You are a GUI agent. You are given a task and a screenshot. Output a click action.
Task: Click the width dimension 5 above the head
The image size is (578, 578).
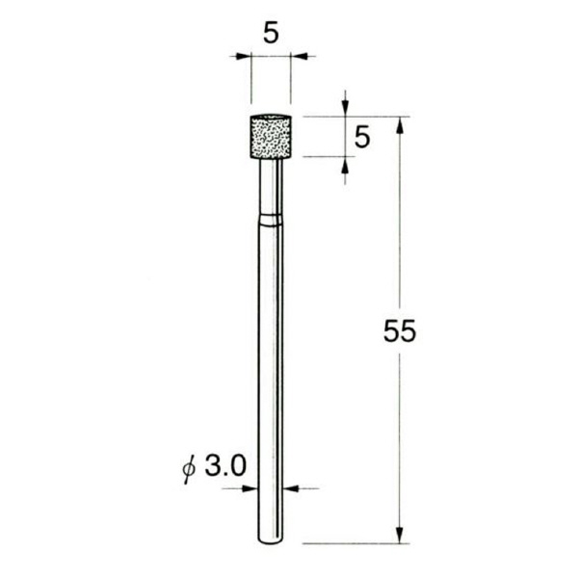click(x=270, y=33)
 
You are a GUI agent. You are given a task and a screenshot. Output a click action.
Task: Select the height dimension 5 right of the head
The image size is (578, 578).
click(x=363, y=137)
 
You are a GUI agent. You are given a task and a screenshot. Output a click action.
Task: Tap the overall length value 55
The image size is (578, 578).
click(x=399, y=332)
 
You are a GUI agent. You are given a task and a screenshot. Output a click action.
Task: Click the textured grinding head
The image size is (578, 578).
click(x=271, y=137)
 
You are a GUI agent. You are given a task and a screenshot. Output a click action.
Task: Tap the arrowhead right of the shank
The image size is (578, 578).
click(x=294, y=488)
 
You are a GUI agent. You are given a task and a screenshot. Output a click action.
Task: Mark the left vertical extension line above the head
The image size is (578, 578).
click(x=251, y=82)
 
